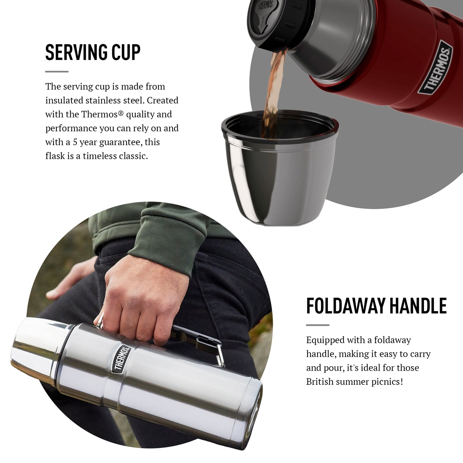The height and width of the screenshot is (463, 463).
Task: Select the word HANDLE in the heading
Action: pyautogui.click(x=418, y=306)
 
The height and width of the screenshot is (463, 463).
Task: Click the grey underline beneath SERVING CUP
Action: pyautogui.click(x=57, y=71)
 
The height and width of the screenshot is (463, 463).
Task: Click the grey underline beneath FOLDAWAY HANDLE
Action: pyautogui.click(x=318, y=325)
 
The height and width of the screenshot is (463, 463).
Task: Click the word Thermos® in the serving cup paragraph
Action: pyautogui.click(x=102, y=114)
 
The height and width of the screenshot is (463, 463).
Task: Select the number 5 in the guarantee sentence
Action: pyautogui.click(x=75, y=142)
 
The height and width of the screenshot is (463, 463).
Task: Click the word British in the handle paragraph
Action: pyautogui.click(x=319, y=382)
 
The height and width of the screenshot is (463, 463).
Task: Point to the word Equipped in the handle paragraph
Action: pyautogui.click(x=322, y=341)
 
